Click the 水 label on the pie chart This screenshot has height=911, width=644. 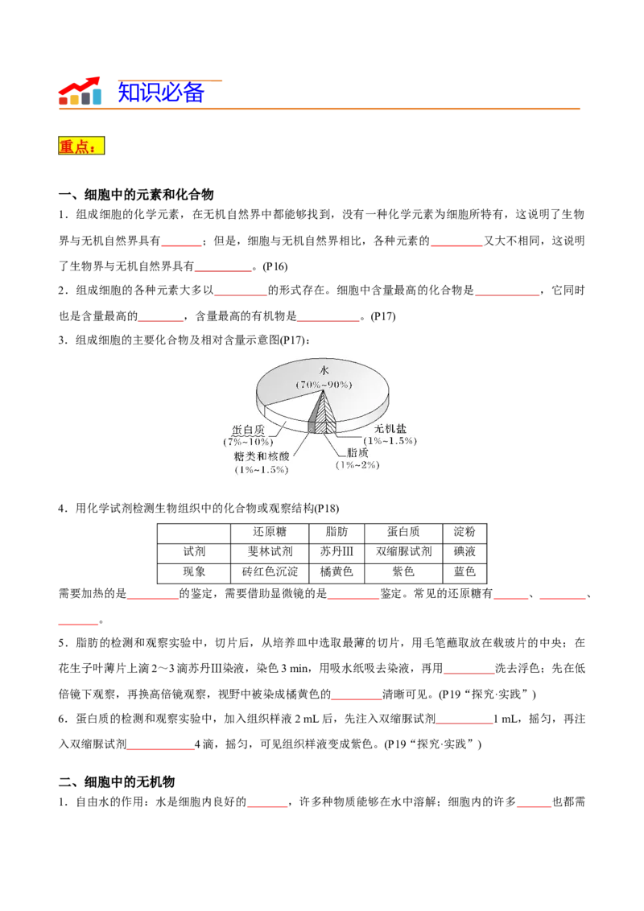pyautogui.click(x=324, y=370)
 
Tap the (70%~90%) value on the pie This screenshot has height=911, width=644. pyautogui.click(x=324, y=385)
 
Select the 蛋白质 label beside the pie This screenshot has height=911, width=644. pyautogui.click(x=248, y=430)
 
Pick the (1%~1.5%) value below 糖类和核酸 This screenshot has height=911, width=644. pyautogui.click(x=261, y=469)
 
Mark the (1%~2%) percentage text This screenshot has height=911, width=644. pyautogui.click(x=357, y=465)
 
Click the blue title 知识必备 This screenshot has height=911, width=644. pyautogui.click(x=161, y=93)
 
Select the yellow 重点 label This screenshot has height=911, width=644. pyautogui.click(x=81, y=146)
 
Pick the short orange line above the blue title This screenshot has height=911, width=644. pyautogui.click(x=171, y=80)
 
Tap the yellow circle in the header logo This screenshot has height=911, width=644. pyautogui.click(x=75, y=99)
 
